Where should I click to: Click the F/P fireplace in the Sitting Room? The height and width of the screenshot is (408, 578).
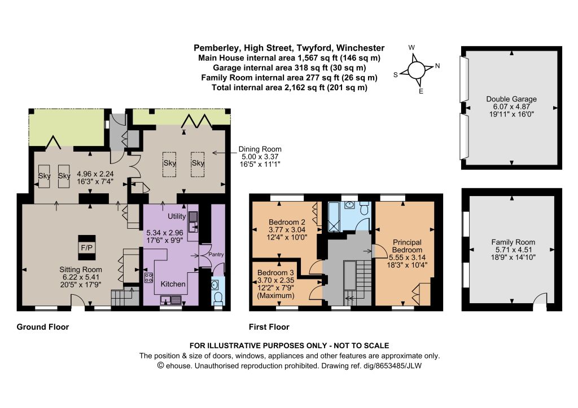coord(86,248)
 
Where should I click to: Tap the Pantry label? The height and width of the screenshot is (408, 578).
coord(216,254)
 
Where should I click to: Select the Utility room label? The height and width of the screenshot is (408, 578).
coord(177,216)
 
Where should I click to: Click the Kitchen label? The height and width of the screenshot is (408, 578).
coord(173,284)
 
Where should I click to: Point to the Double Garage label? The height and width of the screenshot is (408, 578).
coord(511,99)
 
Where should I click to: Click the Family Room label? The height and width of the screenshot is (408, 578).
coord(513,242)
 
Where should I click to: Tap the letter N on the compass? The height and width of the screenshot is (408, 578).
coord(437,66)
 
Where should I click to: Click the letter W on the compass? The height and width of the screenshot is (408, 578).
coord(411,47)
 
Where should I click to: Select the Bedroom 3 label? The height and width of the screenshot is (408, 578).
coord(275,273)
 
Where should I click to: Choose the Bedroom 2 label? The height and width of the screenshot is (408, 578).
coord(287,222)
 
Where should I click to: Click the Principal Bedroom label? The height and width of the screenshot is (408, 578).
coord(407,246)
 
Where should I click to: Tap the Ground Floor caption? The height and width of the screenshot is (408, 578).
coord(43,327)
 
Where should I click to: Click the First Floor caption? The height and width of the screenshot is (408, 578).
coord(269,327)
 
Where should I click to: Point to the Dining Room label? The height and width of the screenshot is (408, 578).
coord(260,149)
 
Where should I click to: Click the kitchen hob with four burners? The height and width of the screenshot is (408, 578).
coord(148,277)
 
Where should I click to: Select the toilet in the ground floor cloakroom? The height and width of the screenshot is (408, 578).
coord(218,298)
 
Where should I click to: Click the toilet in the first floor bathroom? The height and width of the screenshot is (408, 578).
coord(364,209)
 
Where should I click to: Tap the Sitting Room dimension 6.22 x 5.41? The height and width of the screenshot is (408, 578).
coord(80,277)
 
